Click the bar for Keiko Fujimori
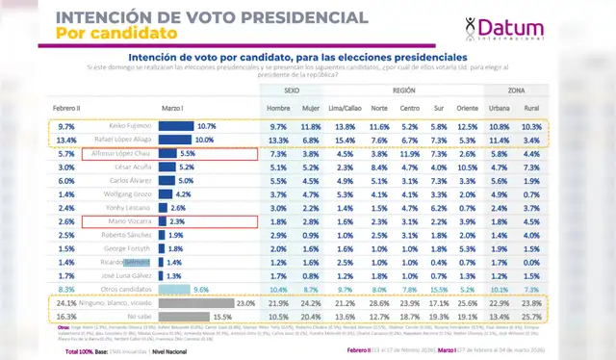coord(178,126)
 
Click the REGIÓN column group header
coord(404,88)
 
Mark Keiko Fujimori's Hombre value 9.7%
coord(278,126)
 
